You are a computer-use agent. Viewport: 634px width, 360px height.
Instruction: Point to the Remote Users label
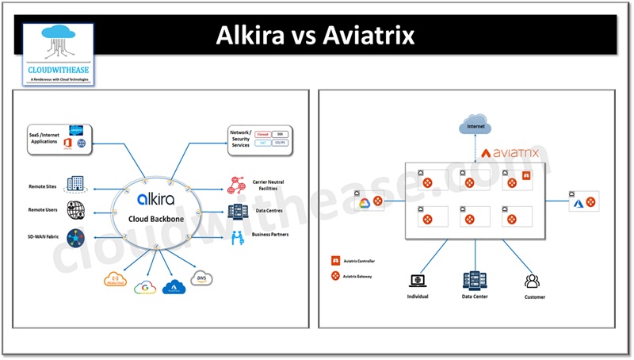pos(44,212)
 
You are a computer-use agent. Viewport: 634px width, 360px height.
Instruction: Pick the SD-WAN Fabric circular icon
pos(76,237)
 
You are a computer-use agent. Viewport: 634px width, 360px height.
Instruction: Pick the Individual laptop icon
pos(418,281)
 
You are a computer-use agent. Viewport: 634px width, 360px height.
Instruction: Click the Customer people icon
pos(532,281)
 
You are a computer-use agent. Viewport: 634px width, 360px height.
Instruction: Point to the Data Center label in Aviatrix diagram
pos(475,297)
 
